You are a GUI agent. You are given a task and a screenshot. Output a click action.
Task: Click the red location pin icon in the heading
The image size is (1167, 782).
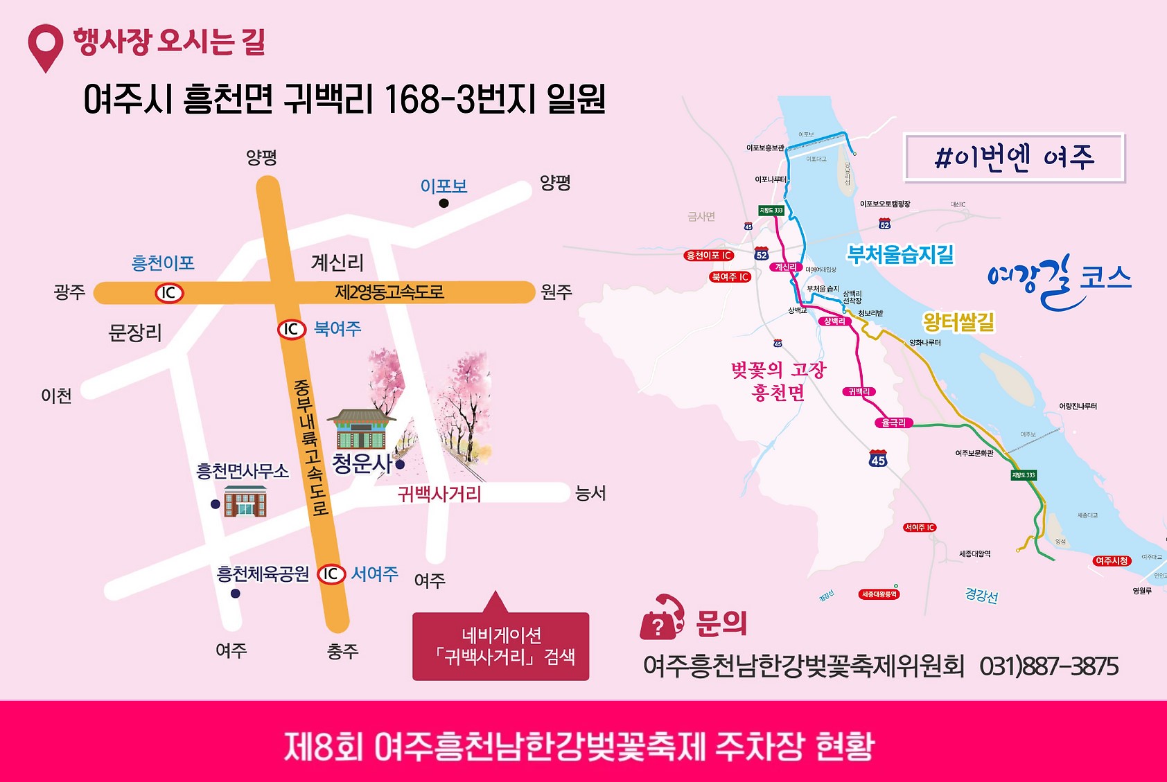[x=45, y=46]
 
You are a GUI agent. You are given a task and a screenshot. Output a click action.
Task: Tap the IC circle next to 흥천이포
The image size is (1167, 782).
[x=168, y=293]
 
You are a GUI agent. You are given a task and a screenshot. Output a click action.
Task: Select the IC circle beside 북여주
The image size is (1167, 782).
[x=292, y=330]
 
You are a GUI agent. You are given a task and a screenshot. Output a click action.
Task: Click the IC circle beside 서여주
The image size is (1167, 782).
[x=331, y=574]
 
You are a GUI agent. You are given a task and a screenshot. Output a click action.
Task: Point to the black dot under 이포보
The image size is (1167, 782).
[x=444, y=203]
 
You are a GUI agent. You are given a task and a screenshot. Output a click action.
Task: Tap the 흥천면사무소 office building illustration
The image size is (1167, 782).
[x=245, y=501]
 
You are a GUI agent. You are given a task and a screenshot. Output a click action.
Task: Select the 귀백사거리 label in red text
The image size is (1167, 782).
[x=439, y=494]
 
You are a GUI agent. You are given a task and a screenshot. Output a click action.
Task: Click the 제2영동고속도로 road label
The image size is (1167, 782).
[x=389, y=292]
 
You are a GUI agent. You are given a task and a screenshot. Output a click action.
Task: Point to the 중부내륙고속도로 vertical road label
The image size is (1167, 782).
[x=309, y=447]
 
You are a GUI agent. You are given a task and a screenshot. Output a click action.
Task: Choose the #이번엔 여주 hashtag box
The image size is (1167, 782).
[x=1014, y=158]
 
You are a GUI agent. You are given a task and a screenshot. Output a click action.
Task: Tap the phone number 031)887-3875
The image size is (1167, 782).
[x=1048, y=666]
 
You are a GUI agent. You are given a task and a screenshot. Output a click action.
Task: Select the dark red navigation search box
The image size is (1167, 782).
[x=500, y=646]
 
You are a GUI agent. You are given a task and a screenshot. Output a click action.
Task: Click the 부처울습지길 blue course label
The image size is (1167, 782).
[x=900, y=255]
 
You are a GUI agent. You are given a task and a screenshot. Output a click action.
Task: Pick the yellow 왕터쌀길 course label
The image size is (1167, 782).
[x=958, y=321]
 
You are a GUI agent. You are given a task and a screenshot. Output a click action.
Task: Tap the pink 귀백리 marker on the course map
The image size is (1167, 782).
[x=859, y=391]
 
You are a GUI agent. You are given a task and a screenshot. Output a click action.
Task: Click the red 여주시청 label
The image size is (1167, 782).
[x=1112, y=560]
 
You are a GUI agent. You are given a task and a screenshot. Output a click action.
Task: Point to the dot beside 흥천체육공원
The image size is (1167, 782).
[x=236, y=594]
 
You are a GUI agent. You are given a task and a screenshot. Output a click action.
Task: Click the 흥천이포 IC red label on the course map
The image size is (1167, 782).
[x=708, y=256]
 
